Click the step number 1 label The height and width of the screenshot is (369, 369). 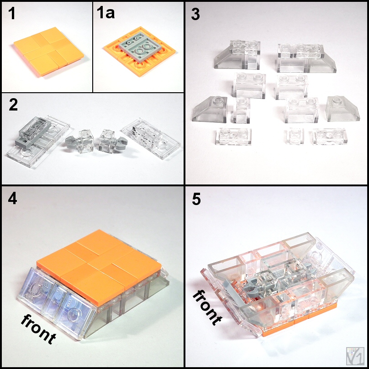(12, 13)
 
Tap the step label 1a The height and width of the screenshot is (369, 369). (105, 13)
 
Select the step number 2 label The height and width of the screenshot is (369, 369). (13, 105)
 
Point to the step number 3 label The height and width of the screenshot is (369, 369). (195, 14)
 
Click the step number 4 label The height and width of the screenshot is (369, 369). (12, 199)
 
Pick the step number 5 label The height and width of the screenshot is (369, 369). (196, 199)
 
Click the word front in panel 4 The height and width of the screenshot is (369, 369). (38, 329)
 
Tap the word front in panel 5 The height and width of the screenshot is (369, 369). (207, 307)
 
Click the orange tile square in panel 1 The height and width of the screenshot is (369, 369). (49, 51)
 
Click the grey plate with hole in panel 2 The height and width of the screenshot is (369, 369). (33, 132)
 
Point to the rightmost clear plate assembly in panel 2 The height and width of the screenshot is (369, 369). (151, 138)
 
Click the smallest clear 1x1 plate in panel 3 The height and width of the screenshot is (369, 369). (295, 136)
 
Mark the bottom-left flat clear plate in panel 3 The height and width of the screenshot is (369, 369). (233, 136)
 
